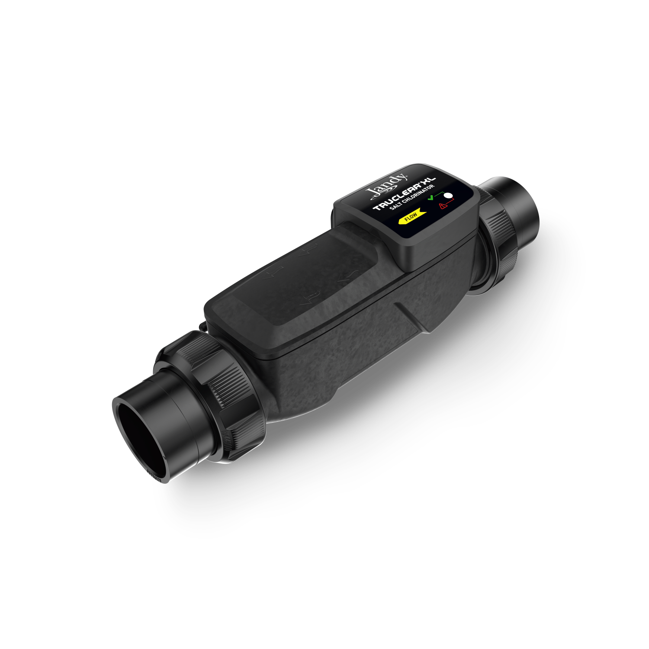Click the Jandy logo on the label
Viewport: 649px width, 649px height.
click(x=387, y=185)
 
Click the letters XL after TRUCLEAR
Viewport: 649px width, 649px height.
click(x=428, y=182)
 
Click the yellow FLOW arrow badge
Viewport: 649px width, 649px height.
click(x=411, y=216)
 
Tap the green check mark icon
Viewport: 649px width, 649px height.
click(x=431, y=198)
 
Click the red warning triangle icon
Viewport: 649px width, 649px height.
click(x=443, y=206)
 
